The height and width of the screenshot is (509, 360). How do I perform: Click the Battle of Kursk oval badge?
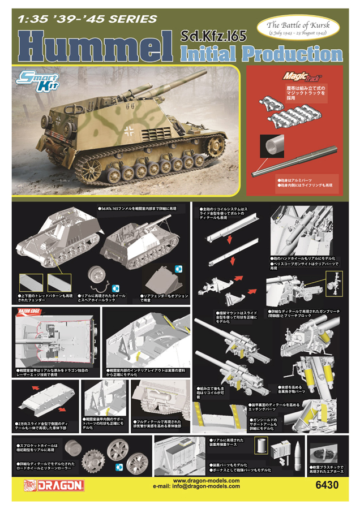coord(298,28)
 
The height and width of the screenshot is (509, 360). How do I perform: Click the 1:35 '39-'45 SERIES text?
coord(87,18)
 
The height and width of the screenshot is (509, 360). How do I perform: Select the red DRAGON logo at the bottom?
coord(55,485)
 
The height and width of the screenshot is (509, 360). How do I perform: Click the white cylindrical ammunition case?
coord(260,446)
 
